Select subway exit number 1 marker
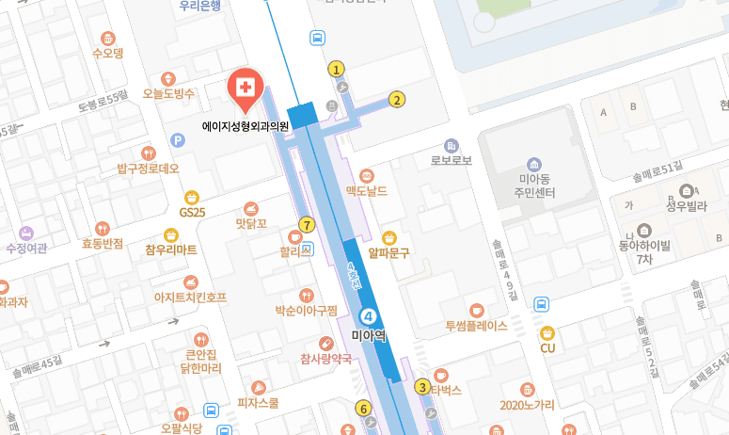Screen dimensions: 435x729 click(x=336, y=69)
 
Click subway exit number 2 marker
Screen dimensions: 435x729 click(x=397, y=99)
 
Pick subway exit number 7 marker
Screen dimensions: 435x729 click(x=306, y=224)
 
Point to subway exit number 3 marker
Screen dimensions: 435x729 click(x=423, y=387)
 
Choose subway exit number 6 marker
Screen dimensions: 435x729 click(x=363, y=408)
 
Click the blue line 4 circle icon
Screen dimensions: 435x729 click(x=369, y=316)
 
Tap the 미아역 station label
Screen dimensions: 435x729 click(x=369, y=334)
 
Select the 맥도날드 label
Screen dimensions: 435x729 click(x=366, y=191)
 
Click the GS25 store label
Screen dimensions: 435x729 click(x=192, y=213)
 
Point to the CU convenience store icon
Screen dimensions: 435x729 click(x=547, y=332)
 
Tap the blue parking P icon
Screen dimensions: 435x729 click(x=177, y=140)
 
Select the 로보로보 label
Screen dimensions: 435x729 click(x=451, y=160)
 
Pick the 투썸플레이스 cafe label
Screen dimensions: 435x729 click(x=476, y=326)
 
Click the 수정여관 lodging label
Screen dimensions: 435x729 click(x=25, y=249)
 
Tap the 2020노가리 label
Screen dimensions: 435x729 click(x=527, y=405)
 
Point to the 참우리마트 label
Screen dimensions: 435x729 click(x=171, y=250)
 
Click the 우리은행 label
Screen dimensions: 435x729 click(x=199, y=6)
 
